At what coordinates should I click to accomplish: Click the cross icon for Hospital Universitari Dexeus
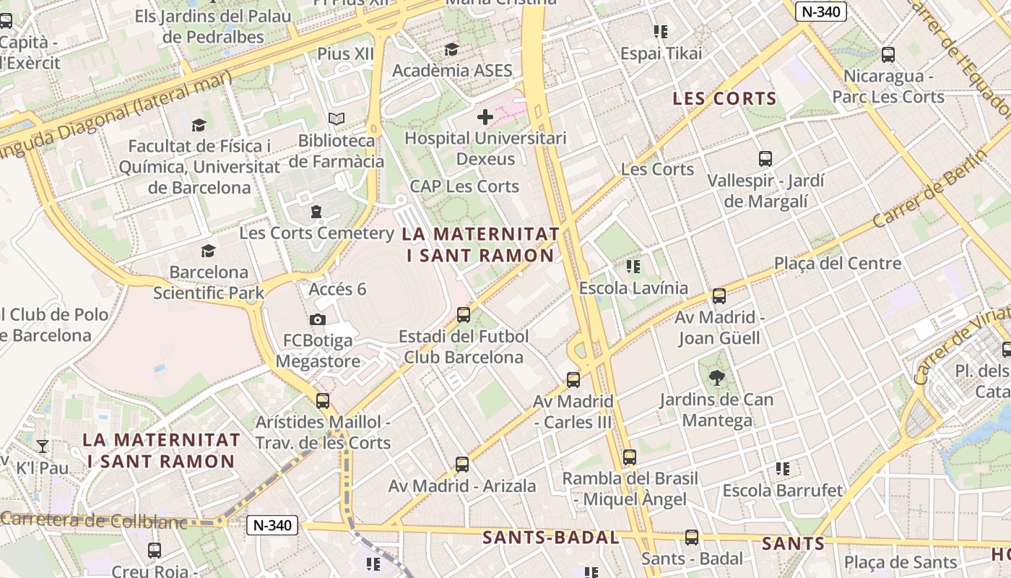pos(485,116)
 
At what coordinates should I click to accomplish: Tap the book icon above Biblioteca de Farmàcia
pos(337,118)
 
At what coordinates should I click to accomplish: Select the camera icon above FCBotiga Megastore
pos(317,319)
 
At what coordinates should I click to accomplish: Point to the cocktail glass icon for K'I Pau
pos(43,446)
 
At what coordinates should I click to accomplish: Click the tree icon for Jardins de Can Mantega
pos(717,376)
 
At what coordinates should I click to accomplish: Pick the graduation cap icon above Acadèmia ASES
pos(452,49)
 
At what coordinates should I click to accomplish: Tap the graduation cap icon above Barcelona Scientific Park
pos(209,251)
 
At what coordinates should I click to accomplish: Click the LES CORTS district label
pos(724,99)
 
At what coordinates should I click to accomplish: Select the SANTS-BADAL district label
pos(550,538)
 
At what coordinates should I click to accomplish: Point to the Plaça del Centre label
pos(838,264)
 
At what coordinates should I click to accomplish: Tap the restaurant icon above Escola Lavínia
pos(633,267)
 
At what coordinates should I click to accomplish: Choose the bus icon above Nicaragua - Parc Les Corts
pos(888,54)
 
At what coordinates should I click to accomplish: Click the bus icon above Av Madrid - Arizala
pos(462,464)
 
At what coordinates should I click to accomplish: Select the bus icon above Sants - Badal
pos(692,537)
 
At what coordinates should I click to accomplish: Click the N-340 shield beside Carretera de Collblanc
pos(273,525)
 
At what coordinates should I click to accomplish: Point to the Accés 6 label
pos(337,290)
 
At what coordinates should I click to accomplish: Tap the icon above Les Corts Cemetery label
pos(316,212)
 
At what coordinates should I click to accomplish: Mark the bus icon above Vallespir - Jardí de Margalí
pos(765,158)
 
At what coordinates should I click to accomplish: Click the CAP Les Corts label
pos(464,186)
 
